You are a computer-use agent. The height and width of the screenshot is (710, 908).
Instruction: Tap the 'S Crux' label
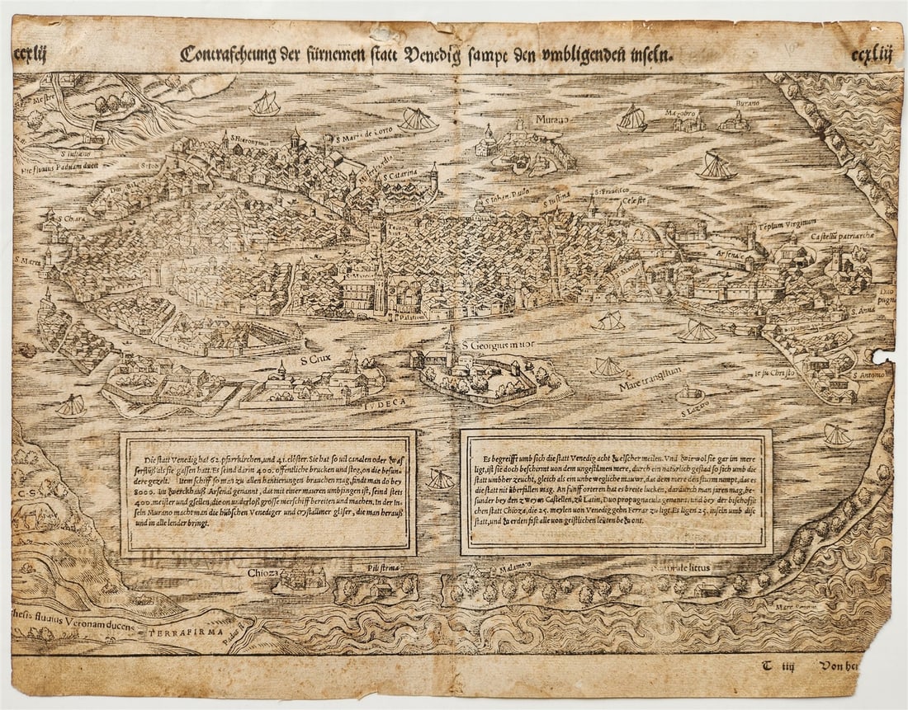coord(316,359)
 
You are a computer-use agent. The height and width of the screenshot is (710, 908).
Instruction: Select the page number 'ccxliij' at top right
coord(873,56)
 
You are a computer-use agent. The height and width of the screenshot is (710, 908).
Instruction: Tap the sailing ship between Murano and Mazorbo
coord(632,119)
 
